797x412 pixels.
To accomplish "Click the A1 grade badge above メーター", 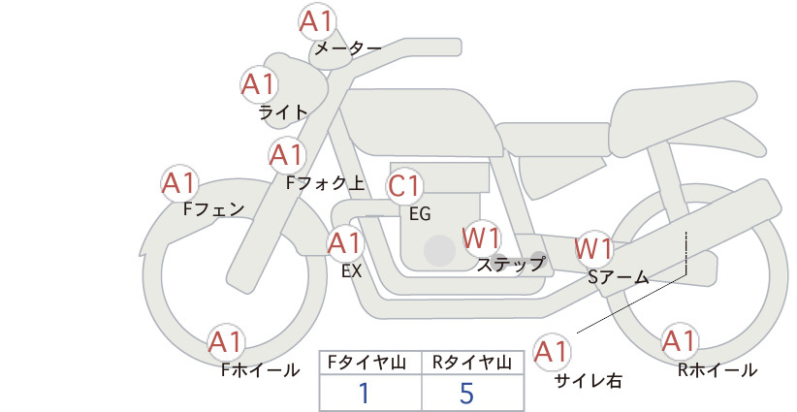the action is (317, 22).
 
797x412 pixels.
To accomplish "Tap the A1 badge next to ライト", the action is (259, 85).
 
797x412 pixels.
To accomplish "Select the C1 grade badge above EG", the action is (404, 186).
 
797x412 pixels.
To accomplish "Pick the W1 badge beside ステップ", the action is (481, 238).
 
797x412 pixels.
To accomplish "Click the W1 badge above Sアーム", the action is (593, 249).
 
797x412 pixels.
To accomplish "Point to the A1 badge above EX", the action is (345, 243).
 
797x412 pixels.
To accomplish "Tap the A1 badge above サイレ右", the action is (552, 352).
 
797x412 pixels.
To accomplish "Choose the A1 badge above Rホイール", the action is (680, 342).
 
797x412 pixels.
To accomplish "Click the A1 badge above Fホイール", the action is (226, 342).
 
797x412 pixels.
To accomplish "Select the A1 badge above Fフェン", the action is (179, 184).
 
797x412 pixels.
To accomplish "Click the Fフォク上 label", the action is (326, 183).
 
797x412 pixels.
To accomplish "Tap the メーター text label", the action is (348, 48).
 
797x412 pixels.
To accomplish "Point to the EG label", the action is (421, 214).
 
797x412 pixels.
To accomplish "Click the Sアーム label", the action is (619, 277).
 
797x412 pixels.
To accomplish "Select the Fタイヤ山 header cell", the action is (370, 363).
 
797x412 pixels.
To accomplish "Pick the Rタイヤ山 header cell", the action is (473, 363).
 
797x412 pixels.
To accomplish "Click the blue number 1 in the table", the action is (365, 393).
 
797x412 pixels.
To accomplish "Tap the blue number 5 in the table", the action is (466, 393).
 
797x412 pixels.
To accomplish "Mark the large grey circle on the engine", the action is (439, 250).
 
